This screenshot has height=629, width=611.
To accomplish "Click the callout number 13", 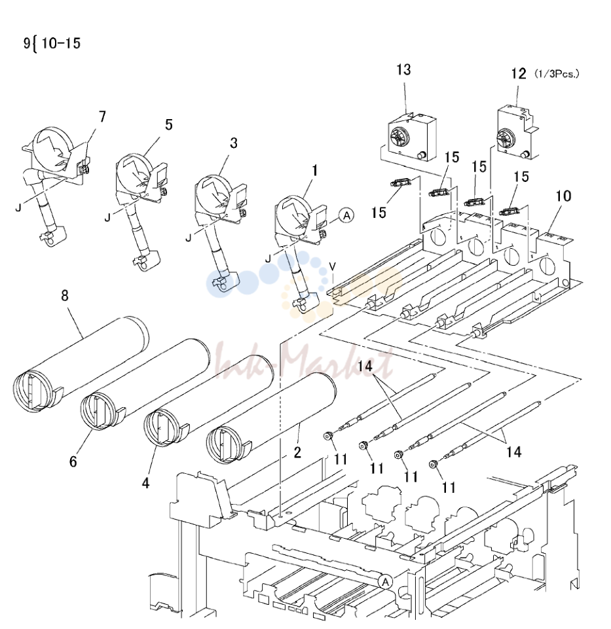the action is [404, 70].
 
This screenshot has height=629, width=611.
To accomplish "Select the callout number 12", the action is [519, 74].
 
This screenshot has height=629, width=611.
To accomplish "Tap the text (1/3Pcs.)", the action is [557, 74].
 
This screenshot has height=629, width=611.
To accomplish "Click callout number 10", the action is [564, 196].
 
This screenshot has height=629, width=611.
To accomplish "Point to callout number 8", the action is [65, 296].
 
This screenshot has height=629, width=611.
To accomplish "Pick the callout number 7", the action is [102, 117].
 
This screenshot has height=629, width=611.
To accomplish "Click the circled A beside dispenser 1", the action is [346, 215].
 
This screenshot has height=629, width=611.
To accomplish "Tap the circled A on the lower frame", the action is [385, 582].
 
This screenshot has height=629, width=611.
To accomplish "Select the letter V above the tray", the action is [332, 266].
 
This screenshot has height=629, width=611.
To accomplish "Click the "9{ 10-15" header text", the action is [52, 43].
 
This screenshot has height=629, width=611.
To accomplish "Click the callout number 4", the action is [145, 483].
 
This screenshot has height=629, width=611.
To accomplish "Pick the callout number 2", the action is [297, 452].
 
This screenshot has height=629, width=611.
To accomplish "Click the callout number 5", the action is [168, 125].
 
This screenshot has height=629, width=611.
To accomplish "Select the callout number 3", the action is [234, 143].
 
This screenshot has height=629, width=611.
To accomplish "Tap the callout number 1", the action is [315, 170].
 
